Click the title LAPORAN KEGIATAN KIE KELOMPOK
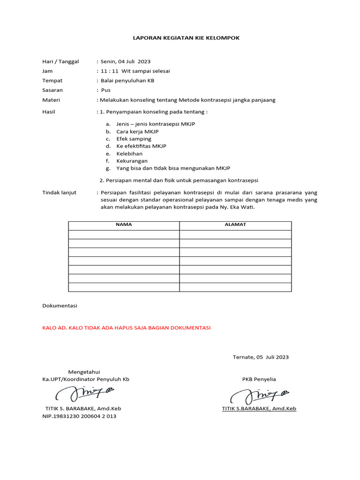pyautogui.click(x=180, y=37)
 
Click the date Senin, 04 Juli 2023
pyautogui.click(x=126, y=61)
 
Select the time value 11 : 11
pyautogui.click(x=110, y=71)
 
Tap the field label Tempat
pyautogui.click(x=52, y=81)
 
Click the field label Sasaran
pyautogui.click(x=52, y=90)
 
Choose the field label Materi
pyautogui.click(x=52, y=100)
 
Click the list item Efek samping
pyautogui.click(x=134, y=139)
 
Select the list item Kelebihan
pyautogui.click(x=129, y=153)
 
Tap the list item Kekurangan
pyautogui.click(x=132, y=161)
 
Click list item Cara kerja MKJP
pyautogui.click(x=137, y=131)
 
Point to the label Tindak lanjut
pyautogui.click(x=60, y=193)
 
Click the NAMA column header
pyautogui.click(x=124, y=225)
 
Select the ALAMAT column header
pyautogui.click(x=235, y=225)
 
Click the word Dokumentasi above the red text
pyautogui.click(x=60, y=306)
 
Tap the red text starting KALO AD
pyautogui.click(x=127, y=328)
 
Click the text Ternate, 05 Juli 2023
pyautogui.click(x=261, y=357)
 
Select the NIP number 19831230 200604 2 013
pyautogui.click(x=79, y=416)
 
